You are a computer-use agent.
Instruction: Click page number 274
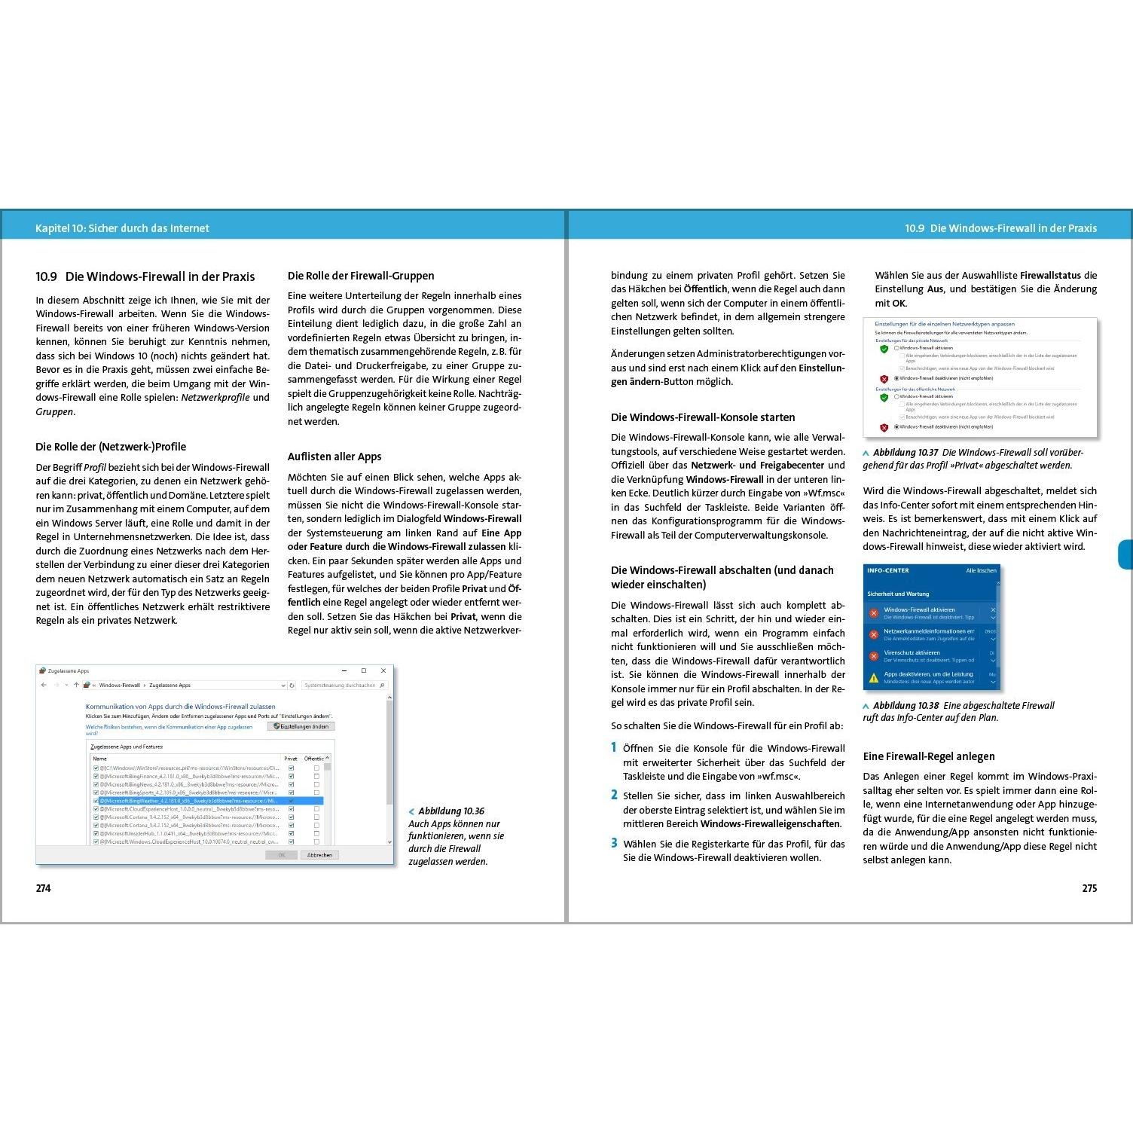coord(44,888)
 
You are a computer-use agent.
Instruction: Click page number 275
coord(1089,888)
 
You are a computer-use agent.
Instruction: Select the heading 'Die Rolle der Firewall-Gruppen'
coord(361,276)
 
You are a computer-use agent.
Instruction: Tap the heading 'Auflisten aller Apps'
coord(334,457)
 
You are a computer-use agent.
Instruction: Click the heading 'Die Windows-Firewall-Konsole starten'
coord(703,417)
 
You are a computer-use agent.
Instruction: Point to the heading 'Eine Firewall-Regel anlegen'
coord(929,756)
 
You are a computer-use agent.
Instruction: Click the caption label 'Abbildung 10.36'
coord(451,811)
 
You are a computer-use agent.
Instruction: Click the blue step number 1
coord(614,747)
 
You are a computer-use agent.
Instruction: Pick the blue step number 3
coord(615,843)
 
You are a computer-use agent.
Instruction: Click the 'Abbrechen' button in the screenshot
coord(319,855)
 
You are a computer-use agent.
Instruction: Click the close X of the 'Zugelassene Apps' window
coord(383,670)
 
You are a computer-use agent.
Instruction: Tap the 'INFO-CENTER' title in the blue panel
coord(888,571)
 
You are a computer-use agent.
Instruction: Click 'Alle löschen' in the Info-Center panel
coord(981,571)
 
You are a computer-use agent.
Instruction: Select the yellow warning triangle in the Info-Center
coord(874,678)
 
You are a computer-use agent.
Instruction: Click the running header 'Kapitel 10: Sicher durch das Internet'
coord(122,228)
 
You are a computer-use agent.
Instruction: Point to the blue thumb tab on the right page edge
coord(1125,554)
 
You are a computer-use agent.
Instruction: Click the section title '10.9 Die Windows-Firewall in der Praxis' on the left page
coord(145,276)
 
